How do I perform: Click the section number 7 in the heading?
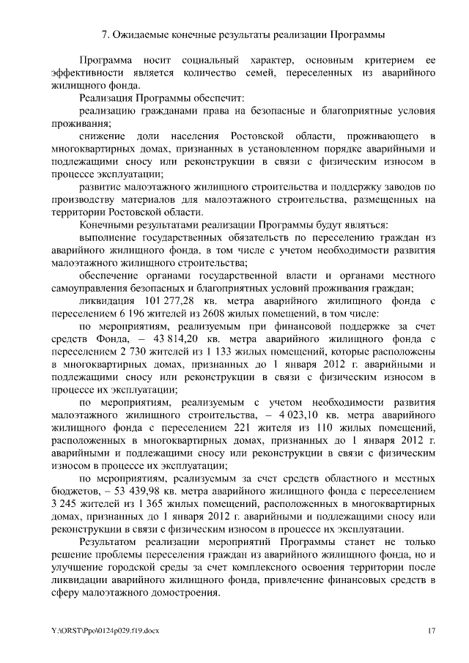[x=103, y=34]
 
